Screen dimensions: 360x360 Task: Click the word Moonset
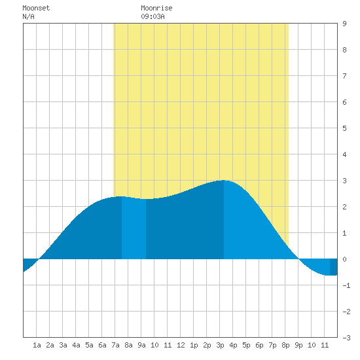(36, 8)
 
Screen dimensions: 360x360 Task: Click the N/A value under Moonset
(28, 16)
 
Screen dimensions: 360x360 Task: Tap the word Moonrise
(156, 8)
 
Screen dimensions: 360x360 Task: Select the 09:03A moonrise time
(153, 16)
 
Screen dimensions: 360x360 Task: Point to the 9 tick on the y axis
(344, 24)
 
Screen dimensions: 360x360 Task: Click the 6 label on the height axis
(344, 102)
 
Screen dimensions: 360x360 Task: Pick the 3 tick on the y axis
(344, 181)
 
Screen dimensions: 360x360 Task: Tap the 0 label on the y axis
(344, 259)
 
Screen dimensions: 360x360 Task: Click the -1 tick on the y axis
(346, 285)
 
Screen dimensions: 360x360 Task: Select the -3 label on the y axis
(346, 338)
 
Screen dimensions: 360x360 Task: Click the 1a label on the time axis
(37, 345)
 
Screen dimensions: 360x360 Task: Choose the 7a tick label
(115, 345)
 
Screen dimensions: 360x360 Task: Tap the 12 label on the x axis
(181, 345)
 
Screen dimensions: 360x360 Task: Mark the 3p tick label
(220, 345)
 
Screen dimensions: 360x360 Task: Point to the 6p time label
(259, 345)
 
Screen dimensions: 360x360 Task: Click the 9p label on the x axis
(298, 345)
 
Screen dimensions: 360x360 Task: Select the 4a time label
(76, 345)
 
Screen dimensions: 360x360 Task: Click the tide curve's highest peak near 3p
(224, 181)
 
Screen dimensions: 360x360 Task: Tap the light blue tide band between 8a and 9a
(134, 228)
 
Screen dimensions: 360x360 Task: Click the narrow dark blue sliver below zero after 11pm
(334, 267)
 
